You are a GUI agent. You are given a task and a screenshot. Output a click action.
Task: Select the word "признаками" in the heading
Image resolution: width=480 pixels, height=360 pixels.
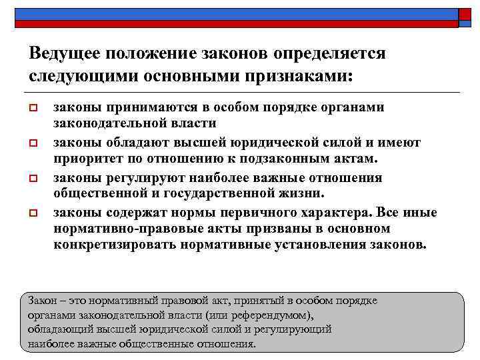296,75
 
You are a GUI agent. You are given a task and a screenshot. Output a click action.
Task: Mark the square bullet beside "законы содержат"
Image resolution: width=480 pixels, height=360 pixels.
35,213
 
